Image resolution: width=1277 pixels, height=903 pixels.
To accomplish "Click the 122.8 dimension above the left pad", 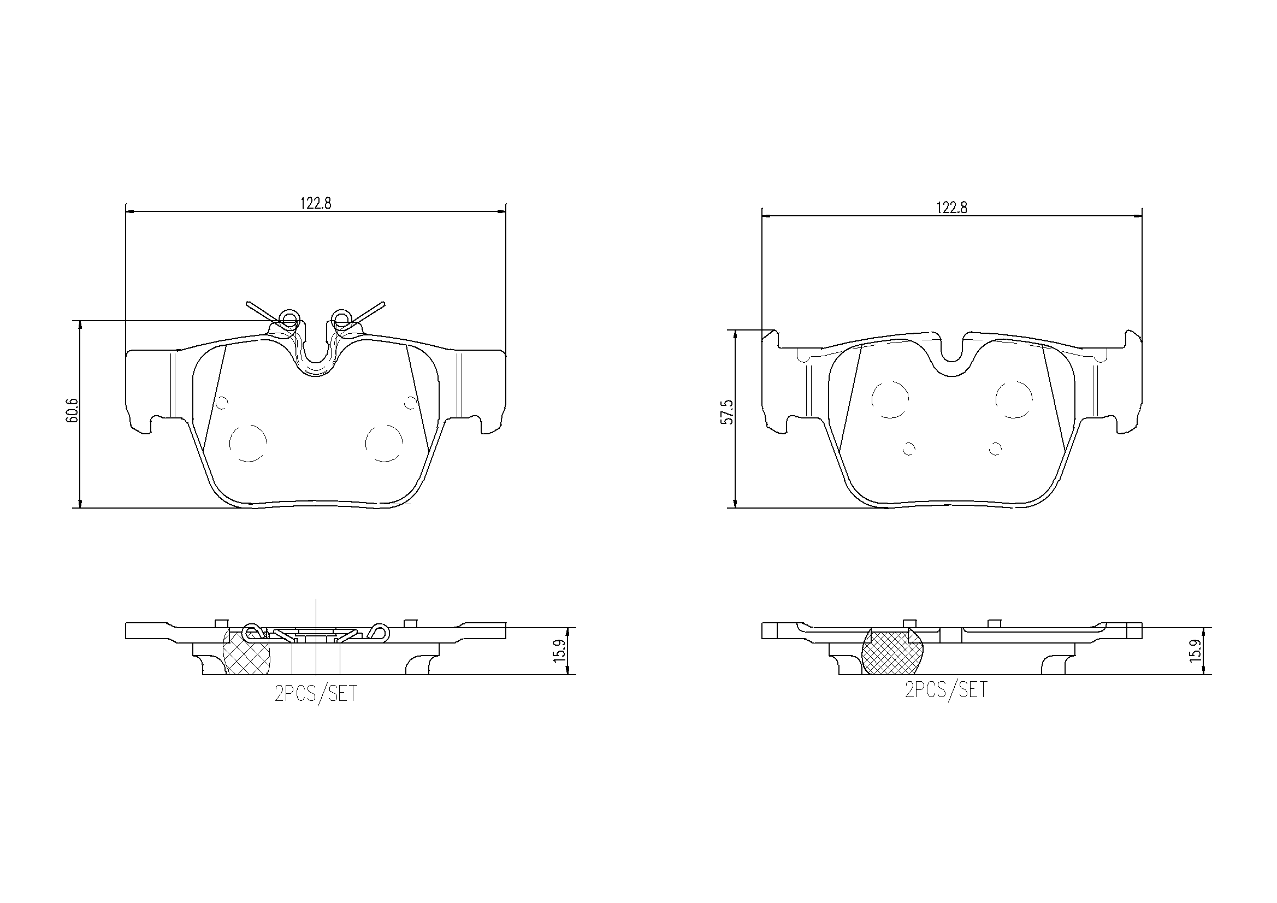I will (x=316, y=203).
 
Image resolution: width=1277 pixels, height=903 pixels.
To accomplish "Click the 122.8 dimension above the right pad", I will (x=951, y=208).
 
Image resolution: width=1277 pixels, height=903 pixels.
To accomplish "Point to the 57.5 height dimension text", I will (x=727, y=412).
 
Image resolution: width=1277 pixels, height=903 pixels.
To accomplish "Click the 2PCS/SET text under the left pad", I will (x=316, y=694).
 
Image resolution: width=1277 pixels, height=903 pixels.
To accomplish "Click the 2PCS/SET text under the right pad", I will (x=946, y=690).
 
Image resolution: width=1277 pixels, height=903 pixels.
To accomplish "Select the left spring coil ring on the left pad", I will (x=290, y=320).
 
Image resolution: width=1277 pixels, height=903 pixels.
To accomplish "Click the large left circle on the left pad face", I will (x=248, y=443).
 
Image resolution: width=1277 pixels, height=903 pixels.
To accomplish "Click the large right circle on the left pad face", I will (x=384, y=443).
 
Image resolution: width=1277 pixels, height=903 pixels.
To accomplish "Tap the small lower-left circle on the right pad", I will (x=909, y=448).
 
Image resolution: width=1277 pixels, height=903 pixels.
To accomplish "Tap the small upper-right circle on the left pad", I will (x=411, y=402).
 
